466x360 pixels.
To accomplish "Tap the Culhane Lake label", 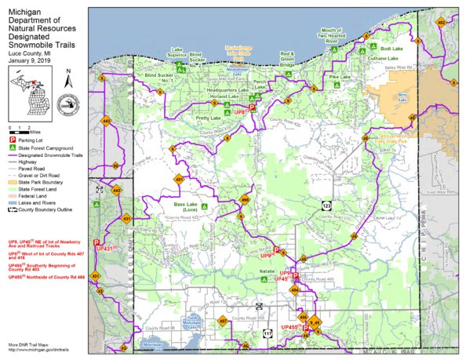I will [x=384, y=59].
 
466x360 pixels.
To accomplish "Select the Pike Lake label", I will [x=340, y=78].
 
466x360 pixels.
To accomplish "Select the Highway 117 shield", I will [x=268, y=333].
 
